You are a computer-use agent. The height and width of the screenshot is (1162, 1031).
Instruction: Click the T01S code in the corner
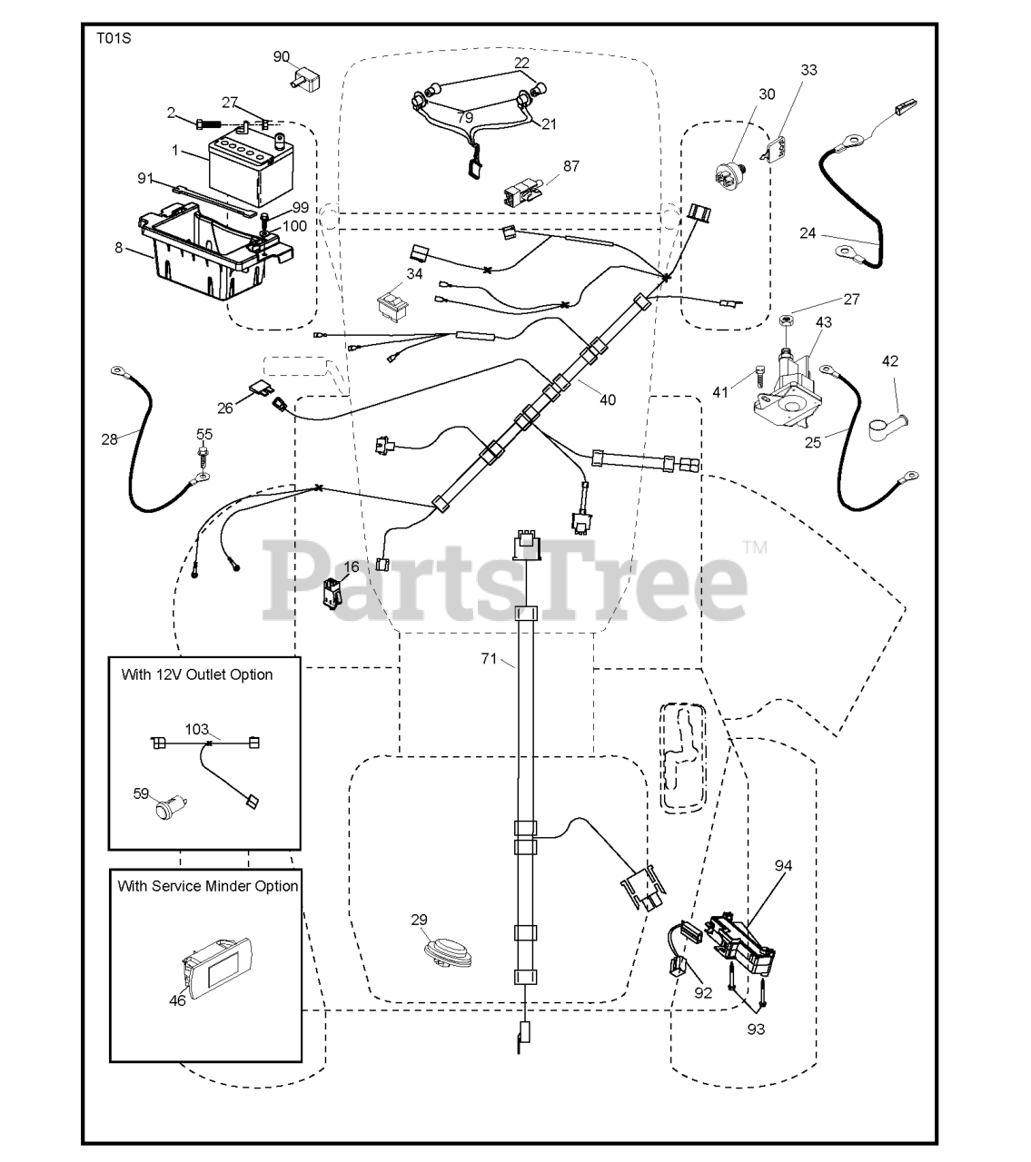[114, 38]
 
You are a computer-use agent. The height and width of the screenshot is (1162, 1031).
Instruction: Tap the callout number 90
[282, 57]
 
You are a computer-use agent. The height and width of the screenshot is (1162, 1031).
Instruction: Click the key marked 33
[775, 150]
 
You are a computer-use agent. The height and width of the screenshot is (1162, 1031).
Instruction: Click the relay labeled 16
[332, 594]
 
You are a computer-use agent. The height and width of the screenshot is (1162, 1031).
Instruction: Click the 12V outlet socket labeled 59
[171, 808]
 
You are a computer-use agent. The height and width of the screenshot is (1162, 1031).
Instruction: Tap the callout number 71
[489, 659]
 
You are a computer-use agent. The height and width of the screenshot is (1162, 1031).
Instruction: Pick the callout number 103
[196, 729]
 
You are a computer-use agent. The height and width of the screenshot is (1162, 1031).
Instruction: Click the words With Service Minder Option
[208, 886]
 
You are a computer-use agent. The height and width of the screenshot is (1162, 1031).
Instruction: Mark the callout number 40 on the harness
[608, 399]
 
